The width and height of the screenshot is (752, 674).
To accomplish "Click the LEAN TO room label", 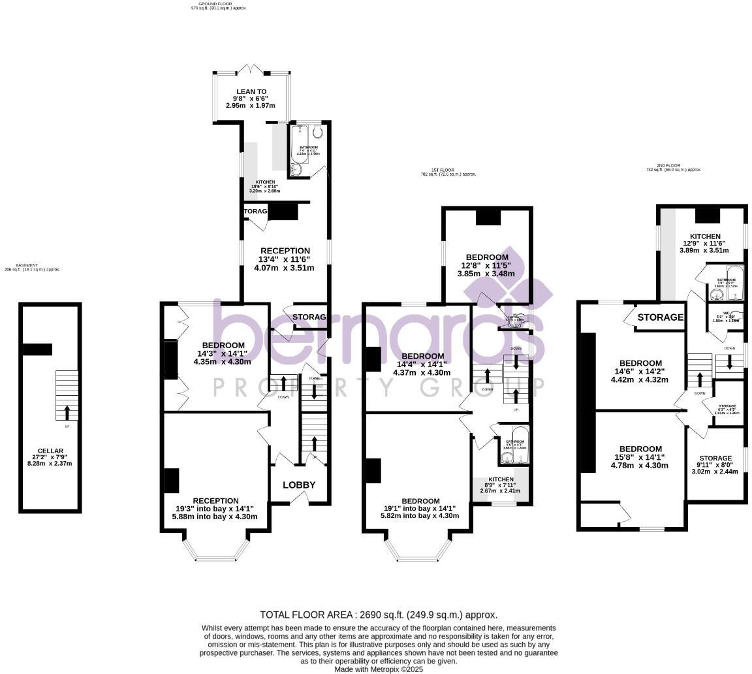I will (251, 92).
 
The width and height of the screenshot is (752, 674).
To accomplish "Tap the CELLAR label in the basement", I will (50, 451).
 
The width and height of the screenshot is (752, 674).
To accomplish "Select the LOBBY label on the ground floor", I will (299, 485).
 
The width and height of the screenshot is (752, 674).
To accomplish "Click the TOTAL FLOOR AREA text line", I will (379, 615).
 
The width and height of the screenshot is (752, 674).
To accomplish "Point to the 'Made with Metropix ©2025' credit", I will (379, 669).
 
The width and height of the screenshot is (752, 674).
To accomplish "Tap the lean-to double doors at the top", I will (251, 69).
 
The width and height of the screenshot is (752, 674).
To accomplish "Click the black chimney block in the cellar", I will (37, 349).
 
